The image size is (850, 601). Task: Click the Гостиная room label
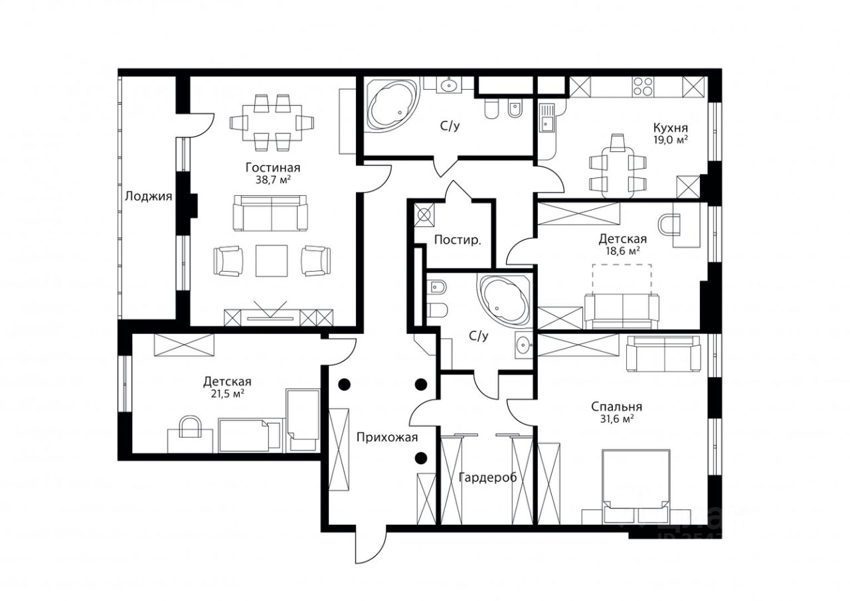273,168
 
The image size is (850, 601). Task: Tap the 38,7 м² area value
273,180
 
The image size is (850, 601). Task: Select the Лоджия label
148,196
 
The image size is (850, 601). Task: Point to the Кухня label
671,128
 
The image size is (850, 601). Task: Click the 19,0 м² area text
671,139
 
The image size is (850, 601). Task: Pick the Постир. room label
458,240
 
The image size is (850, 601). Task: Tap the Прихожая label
387,438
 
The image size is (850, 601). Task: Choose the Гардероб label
487,477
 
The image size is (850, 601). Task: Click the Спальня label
617,406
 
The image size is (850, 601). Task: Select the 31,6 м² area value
617,419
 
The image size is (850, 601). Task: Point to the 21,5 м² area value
227,393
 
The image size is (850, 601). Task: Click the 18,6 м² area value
622,251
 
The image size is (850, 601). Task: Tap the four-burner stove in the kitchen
642,86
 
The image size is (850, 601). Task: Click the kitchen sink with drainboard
547,118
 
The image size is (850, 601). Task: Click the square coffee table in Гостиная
272,261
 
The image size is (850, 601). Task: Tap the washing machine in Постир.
424,215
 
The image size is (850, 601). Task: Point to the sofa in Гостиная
270,213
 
